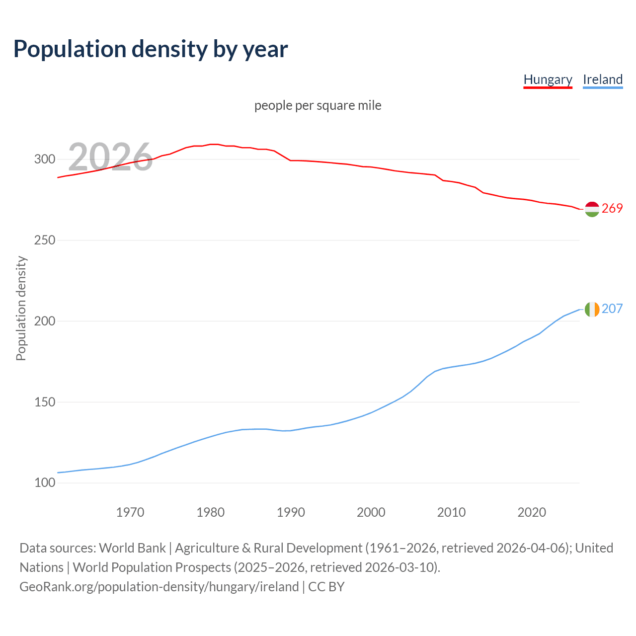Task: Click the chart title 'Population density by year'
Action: tap(151, 49)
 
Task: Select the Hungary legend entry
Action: tap(548, 79)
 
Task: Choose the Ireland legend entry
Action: tap(603, 79)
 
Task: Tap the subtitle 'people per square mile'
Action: tap(318, 105)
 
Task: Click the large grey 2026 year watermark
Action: tap(110, 157)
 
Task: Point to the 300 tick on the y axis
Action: tap(44, 159)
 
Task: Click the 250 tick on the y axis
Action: tap(44, 240)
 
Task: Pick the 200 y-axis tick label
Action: tap(44, 321)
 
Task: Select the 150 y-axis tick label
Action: tap(44, 402)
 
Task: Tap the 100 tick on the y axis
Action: tap(44, 483)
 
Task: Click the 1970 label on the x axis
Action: tap(130, 512)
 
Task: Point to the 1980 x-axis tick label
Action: tap(211, 512)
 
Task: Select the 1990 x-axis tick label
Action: tap(291, 512)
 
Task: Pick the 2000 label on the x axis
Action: tap(371, 512)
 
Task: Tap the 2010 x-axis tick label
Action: tap(451, 512)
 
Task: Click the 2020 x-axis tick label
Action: tap(532, 512)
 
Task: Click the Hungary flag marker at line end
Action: tap(592, 209)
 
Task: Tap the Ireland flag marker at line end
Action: tap(592, 309)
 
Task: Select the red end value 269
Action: tap(612, 208)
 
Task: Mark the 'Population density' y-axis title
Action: tap(21, 308)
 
